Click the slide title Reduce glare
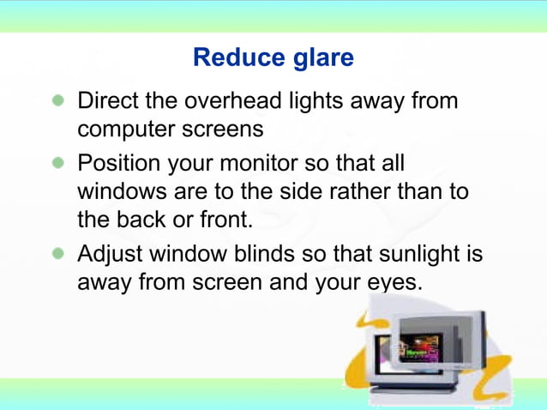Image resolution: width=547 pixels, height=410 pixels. pos(273,57)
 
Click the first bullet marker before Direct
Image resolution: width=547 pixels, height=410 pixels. pos(57,102)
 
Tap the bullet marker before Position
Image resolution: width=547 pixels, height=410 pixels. pos(57,163)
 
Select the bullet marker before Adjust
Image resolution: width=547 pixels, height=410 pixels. pos(57,255)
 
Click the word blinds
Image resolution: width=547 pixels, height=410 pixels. pos(241,255)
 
